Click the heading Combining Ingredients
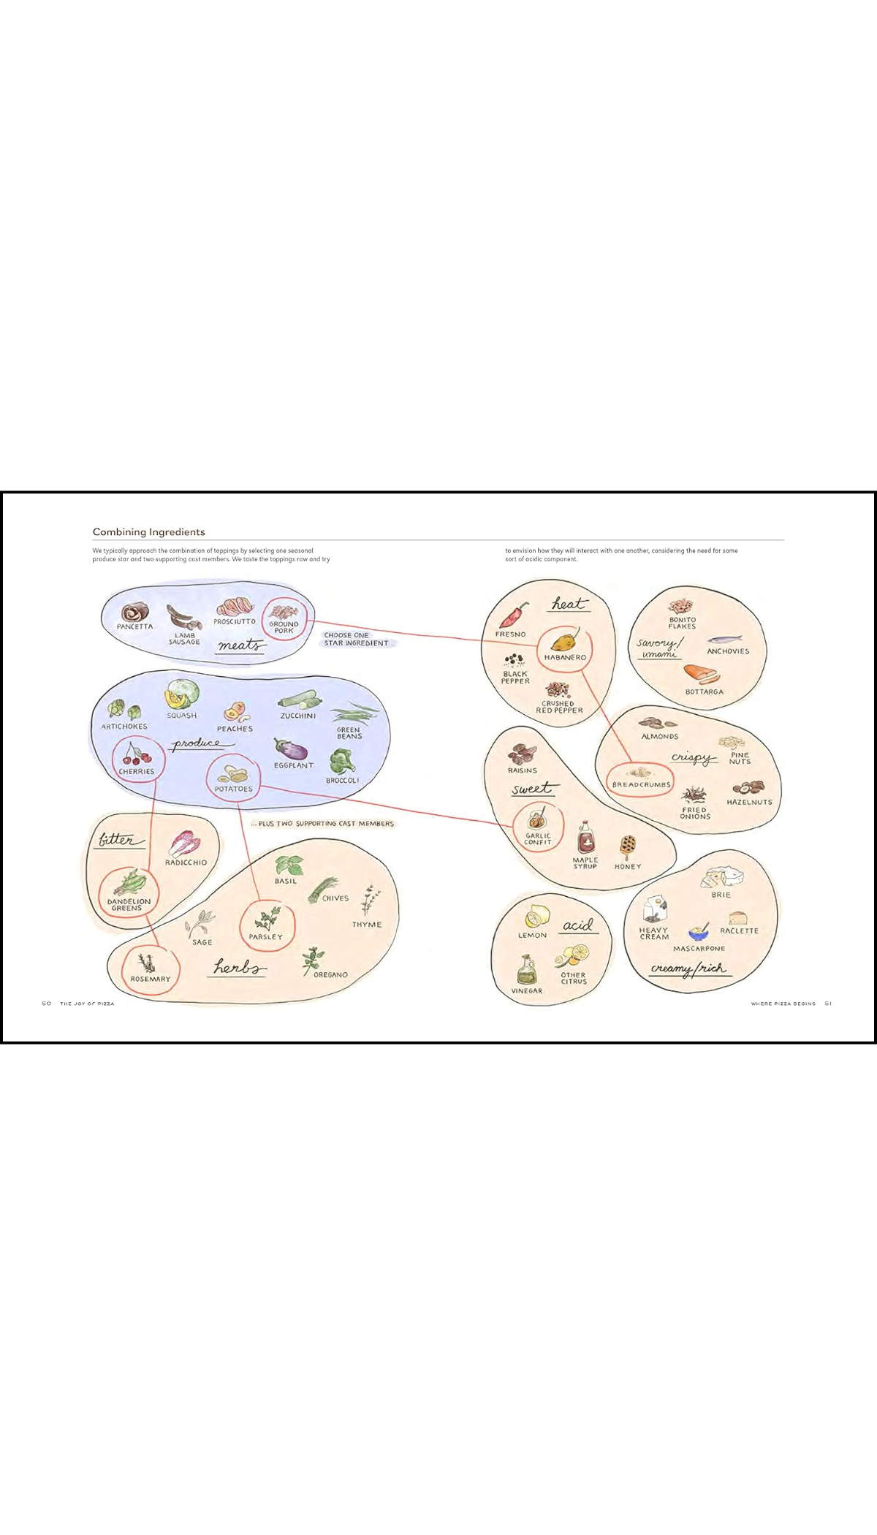148,532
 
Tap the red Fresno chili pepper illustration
515,615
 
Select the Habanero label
565,658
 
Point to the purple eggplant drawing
291,749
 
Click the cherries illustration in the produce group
136,754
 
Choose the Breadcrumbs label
641,785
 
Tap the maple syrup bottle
585,838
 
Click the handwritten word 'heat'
569,604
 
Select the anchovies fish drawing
724,640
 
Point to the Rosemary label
151,979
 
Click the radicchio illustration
183,844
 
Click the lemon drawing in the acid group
537,917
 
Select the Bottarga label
705,692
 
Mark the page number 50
47,1004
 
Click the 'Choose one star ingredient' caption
357,640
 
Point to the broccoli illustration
341,762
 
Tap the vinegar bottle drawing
526,969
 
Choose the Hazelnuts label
749,803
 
